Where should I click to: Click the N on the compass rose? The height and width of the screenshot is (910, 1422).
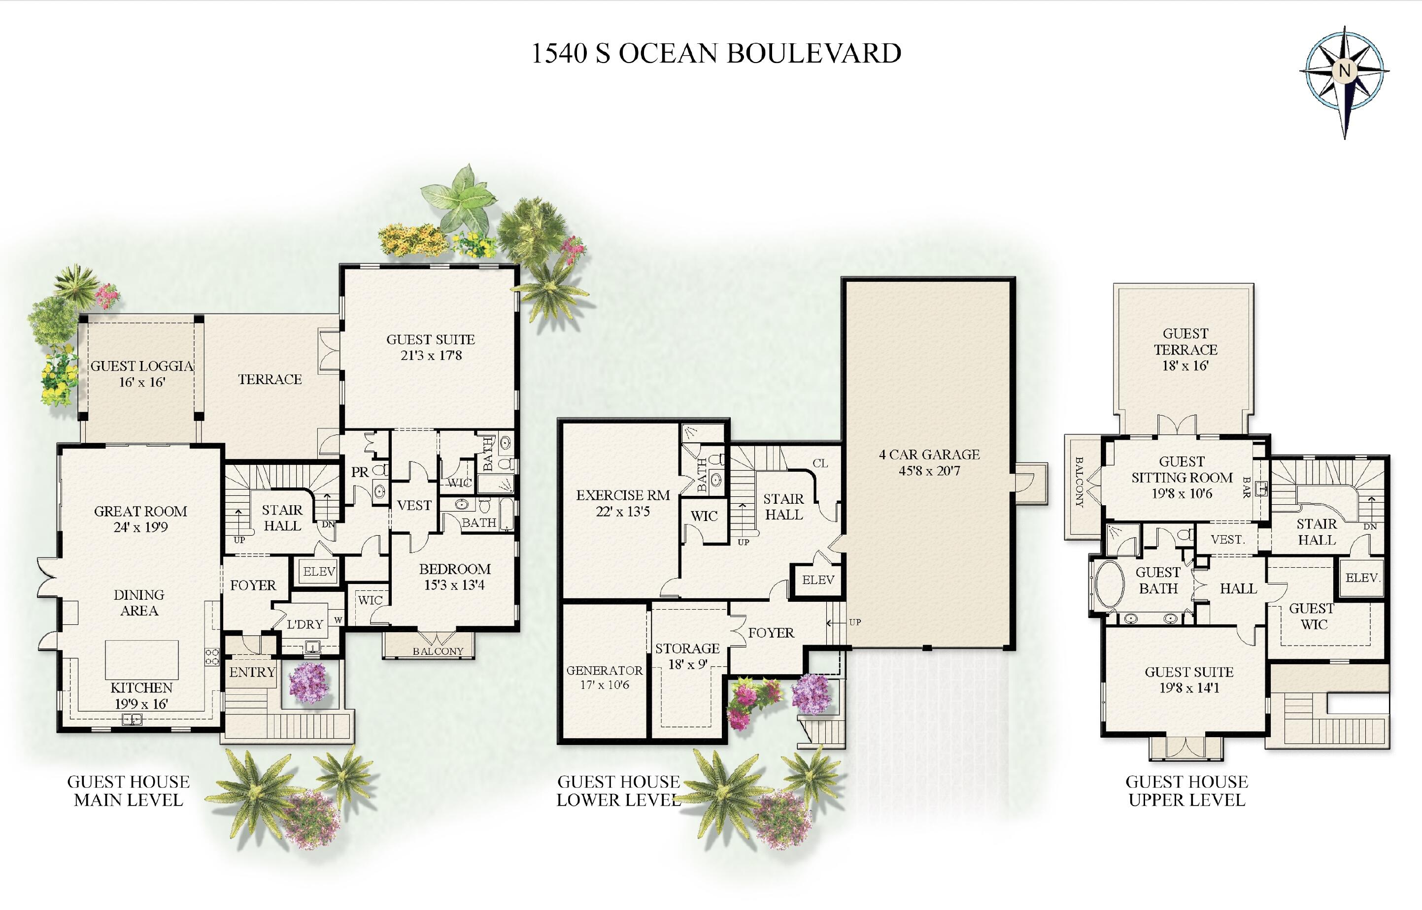click(1345, 70)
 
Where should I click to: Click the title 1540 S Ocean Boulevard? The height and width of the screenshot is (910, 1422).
click(716, 53)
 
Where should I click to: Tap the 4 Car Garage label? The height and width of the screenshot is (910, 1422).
click(929, 463)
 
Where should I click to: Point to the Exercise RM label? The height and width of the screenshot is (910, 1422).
click(623, 503)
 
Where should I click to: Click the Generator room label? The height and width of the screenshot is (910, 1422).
click(604, 677)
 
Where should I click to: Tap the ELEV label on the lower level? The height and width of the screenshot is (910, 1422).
click(818, 580)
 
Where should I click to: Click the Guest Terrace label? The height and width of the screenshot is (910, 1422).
click(1185, 349)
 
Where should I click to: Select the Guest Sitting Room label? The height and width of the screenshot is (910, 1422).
click(1182, 478)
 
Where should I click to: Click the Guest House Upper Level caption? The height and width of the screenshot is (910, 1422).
click(1186, 791)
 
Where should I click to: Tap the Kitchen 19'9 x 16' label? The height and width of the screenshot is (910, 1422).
click(141, 695)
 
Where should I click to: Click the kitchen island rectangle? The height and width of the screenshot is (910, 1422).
click(142, 659)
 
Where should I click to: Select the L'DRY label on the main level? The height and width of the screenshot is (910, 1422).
click(305, 624)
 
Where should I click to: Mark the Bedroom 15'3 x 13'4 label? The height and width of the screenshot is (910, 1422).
click(455, 577)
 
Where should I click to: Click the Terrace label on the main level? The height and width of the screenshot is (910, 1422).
click(270, 379)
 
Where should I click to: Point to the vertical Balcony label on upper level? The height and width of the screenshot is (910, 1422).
click(1079, 482)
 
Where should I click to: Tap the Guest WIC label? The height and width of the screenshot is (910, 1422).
click(1312, 617)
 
